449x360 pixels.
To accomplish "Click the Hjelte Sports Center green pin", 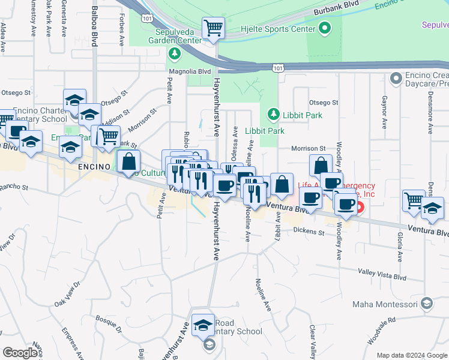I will point(325,28).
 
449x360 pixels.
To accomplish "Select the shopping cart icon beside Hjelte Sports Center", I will point(213,28).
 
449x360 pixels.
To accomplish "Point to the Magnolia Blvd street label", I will point(190,71).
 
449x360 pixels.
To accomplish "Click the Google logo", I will point(20,353).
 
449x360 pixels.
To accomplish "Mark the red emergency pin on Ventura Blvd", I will point(360,208).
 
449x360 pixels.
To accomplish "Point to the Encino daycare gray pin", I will point(396,78).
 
